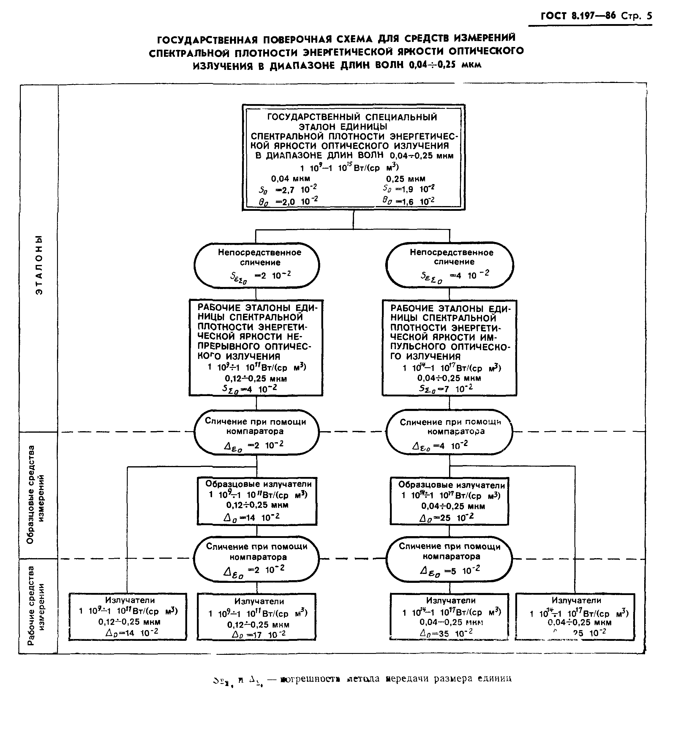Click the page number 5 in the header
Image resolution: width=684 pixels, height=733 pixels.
[649, 15]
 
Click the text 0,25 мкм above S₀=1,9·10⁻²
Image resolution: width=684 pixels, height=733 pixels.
[405, 179]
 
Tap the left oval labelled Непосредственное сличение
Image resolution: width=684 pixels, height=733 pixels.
[257, 266]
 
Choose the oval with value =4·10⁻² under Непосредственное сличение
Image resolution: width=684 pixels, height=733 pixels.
[449, 266]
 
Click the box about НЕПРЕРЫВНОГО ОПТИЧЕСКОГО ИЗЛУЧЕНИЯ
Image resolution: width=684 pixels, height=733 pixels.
[256, 348]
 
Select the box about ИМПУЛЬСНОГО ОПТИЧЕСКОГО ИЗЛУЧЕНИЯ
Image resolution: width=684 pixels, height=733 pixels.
[449, 348]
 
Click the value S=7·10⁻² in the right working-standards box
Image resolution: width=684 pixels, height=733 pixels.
[446, 389]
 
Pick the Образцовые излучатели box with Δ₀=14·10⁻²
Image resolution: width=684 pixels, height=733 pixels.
[257, 501]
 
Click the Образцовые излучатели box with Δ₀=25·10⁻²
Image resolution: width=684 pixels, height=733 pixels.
[449, 501]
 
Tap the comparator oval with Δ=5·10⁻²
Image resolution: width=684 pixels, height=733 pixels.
[449, 559]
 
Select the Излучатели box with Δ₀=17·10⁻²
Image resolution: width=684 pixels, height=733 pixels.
[257, 616]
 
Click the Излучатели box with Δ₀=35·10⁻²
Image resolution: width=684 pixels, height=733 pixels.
[449, 616]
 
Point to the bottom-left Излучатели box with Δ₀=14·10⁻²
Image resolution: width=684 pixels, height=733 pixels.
[128, 616]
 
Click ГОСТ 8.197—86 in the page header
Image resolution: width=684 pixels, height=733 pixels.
[578, 16]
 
